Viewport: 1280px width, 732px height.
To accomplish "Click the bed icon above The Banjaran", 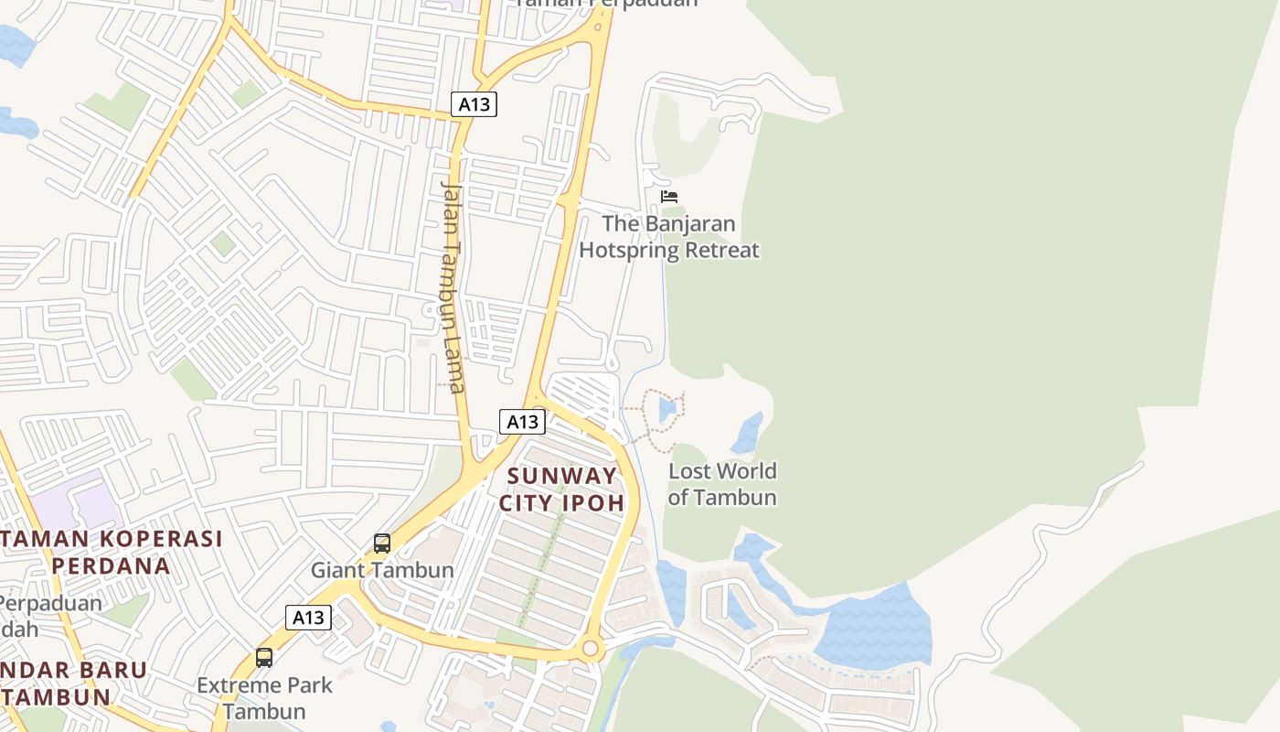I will pos(669,196).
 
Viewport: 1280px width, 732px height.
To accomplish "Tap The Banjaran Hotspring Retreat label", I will pos(669,236).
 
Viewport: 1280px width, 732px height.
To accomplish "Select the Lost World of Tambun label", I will pos(722,484).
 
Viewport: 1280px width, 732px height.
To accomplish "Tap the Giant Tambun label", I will pos(382,570).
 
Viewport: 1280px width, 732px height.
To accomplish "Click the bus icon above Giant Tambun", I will pos(382,544).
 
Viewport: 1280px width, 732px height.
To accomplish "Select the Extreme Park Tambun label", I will pos(265,697).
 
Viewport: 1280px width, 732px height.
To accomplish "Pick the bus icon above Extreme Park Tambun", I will pos(264,657).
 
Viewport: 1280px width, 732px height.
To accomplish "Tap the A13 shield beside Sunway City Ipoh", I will pos(523,422).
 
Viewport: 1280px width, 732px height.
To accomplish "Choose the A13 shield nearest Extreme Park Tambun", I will pos(308,618).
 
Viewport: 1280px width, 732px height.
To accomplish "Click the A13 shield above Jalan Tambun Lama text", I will pos(474,104).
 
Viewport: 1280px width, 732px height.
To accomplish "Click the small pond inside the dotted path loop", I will pos(667,408).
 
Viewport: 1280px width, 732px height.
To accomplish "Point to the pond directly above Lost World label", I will pos(748,433).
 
